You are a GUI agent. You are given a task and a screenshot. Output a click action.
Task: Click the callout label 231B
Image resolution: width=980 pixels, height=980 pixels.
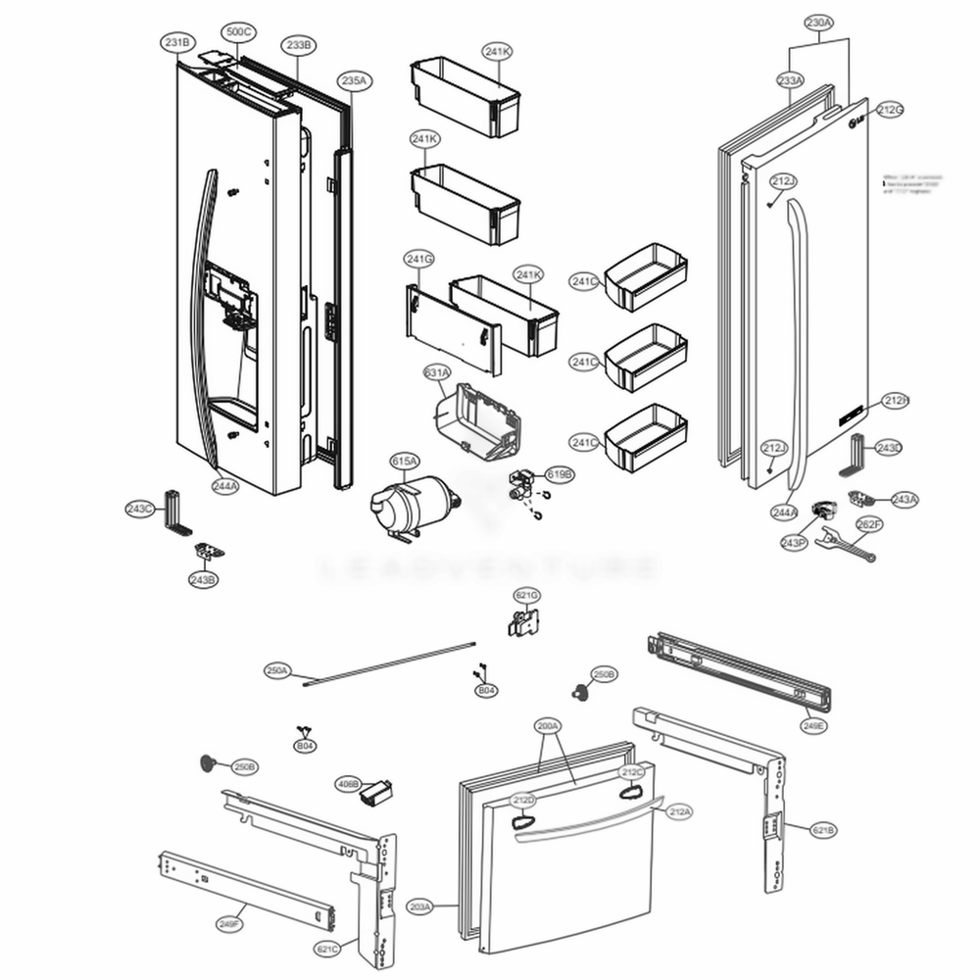coord(178,42)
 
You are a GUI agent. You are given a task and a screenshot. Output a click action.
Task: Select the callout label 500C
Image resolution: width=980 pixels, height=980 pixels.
coord(238,32)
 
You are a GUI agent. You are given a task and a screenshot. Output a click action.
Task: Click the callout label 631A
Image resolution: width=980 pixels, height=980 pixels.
coord(437,373)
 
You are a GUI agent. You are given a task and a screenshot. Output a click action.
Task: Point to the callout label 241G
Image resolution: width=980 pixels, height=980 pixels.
coord(418,258)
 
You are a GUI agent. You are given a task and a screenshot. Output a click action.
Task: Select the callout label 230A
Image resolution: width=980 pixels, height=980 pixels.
coord(819,21)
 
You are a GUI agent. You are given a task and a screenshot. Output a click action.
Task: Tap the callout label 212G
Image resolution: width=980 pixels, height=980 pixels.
coord(890,110)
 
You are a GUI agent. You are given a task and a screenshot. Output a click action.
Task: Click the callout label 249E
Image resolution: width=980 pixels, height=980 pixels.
coord(812,726)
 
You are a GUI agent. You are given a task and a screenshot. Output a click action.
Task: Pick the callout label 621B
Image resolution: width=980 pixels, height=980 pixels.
coord(824,830)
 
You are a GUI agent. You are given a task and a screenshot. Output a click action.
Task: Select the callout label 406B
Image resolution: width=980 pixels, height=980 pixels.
coord(348,783)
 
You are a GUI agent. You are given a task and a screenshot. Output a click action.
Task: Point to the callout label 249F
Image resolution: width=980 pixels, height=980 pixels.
coord(231,924)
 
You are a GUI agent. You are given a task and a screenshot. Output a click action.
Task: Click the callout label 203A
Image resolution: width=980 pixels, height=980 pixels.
coord(419,907)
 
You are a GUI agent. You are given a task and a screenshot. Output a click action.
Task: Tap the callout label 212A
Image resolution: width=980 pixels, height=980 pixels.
coord(679,811)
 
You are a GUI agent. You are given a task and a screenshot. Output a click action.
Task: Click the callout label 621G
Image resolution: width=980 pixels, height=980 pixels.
coord(527,595)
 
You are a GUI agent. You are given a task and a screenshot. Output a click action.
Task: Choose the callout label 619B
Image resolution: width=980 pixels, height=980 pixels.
coord(560,474)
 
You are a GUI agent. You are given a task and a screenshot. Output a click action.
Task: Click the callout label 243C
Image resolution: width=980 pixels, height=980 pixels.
coord(140,509)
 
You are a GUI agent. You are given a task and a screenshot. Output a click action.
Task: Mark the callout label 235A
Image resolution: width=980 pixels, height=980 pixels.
coord(354,80)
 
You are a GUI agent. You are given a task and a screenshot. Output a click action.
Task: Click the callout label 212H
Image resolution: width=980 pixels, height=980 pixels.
coord(896,400)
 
